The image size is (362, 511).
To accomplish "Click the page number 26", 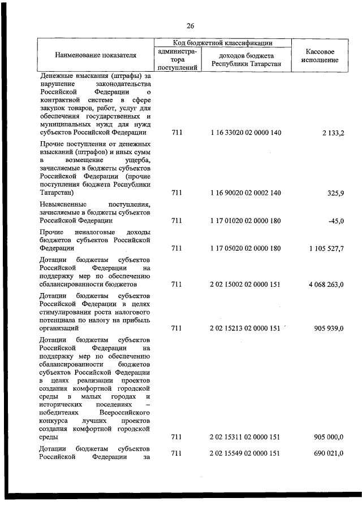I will pyautogui.click(x=190, y=26).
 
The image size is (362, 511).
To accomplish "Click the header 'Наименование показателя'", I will pyautogui.click(x=96, y=56).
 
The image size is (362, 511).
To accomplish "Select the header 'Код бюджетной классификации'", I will pyautogui.click(x=223, y=43).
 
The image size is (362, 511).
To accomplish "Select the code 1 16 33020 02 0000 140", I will pyautogui.click(x=245, y=133).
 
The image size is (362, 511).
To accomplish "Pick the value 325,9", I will pyautogui.click(x=335, y=193).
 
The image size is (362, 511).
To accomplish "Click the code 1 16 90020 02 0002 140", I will pyautogui.click(x=245, y=193).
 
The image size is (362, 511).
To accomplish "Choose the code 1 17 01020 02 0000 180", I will pyautogui.click(x=245, y=221).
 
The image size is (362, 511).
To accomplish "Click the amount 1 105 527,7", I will pyautogui.click(x=326, y=248).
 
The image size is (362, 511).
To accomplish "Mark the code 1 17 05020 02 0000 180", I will pyautogui.click(x=245, y=248).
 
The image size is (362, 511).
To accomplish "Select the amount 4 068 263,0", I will pyautogui.click(x=326, y=285).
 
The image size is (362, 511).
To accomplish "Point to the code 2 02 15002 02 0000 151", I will pyautogui.click(x=245, y=285).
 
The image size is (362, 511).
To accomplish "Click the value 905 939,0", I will pyautogui.click(x=329, y=328).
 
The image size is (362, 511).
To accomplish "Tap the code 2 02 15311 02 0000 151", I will pyautogui.click(x=245, y=437).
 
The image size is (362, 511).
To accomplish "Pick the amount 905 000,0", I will pyautogui.click(x=329, y=437).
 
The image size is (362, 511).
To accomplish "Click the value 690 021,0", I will pyautogui.click(x=329, y=454).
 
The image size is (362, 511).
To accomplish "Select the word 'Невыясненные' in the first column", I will pyautogui.click(x=62, y=204).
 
